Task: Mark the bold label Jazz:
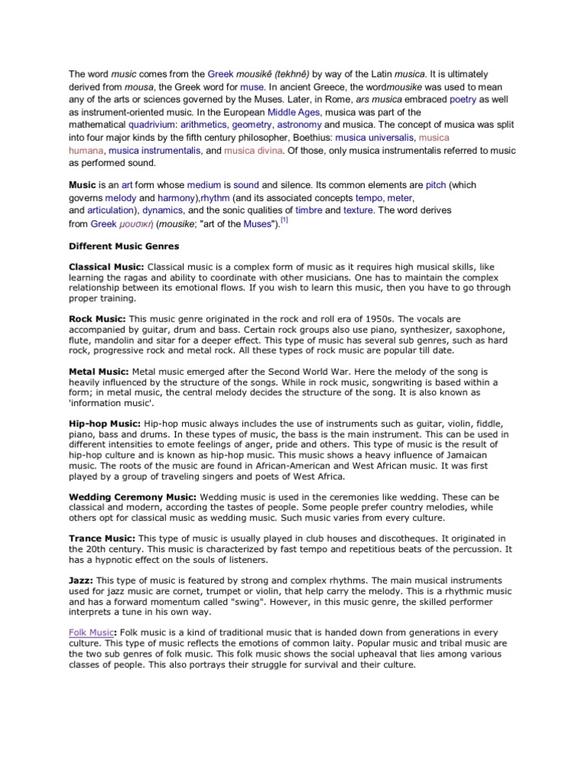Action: (x=81, y=580)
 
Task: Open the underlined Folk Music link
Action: (x=91, y=632)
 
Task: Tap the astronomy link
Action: (x=299, y=124)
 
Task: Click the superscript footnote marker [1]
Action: (x=283, y=220)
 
